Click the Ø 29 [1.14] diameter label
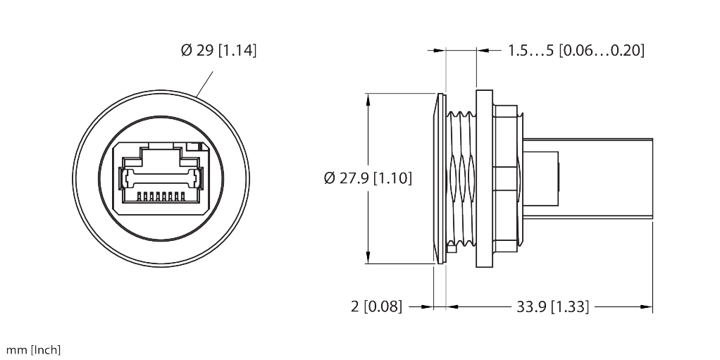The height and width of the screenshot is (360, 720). tap(218, 51)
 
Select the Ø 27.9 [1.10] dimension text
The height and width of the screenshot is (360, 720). tap(368, 178)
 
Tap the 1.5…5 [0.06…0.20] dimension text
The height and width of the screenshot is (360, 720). tap(576, 51)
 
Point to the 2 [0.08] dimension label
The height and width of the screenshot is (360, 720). tap(376, 306)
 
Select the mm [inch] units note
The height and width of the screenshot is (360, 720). tap(33, 350)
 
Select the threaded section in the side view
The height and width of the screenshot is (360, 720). tap(461, 180)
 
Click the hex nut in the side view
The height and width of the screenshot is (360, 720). tap(507, 178)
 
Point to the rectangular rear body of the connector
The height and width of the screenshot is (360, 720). tap(592, 178)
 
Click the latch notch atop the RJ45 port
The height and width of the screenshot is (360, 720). tap(161, 146)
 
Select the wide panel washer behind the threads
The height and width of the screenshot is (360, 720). tap(484, 178)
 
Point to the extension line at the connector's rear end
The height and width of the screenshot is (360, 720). tap(653, 268)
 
